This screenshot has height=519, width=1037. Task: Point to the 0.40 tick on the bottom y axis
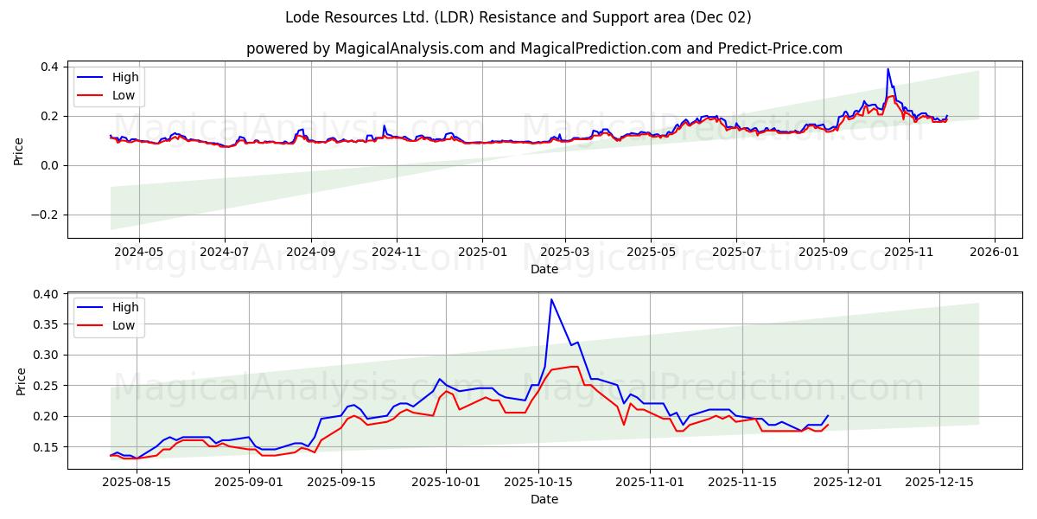click(47, 294)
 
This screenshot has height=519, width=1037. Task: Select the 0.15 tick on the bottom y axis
click(47, 446)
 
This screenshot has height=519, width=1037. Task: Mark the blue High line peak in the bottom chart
click(551, 299)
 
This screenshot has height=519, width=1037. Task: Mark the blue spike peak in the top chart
click(887, 69)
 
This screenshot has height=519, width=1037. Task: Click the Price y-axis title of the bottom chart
click(21, 381)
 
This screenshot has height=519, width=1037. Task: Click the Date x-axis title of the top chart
click(544, 269)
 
